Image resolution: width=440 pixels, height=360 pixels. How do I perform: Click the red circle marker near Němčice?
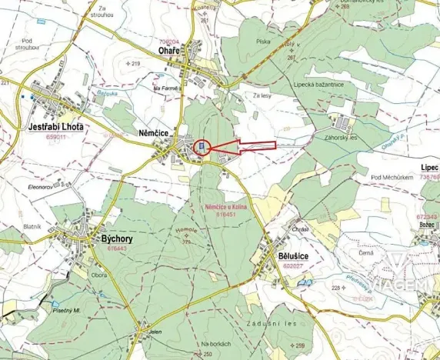(x=201, y=147)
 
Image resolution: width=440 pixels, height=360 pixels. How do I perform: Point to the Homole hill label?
(x=188, y=232)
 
